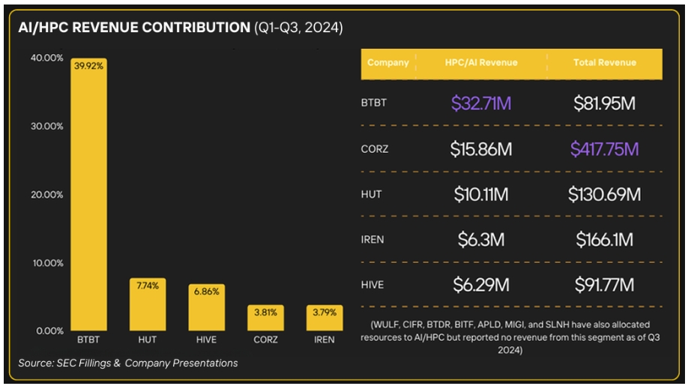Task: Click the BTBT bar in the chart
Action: [x=88, y=194]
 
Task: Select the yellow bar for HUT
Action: [x=148, y=304]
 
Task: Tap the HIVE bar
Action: [x=207, y=307]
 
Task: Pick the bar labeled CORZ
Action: [x=265, y=318]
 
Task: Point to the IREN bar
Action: [x=325, y=318]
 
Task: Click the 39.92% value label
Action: [x=88, y=66]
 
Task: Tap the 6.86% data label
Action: [x=207, y=292]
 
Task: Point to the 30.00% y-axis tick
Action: [x=47, y=127]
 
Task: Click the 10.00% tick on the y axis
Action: [x=48, y=263]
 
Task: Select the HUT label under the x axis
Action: [x=148, y=340]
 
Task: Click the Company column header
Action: [x=388, y=63]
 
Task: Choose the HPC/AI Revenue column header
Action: [x=481, y=63]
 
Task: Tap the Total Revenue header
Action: [x=605, y=63]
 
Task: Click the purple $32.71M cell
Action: [x=481, y=103]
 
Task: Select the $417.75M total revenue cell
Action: [x=605, y=149]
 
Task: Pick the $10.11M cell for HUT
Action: [x=481, y=194]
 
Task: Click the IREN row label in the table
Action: [x=372, y=240]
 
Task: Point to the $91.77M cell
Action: [x=605, y=285]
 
